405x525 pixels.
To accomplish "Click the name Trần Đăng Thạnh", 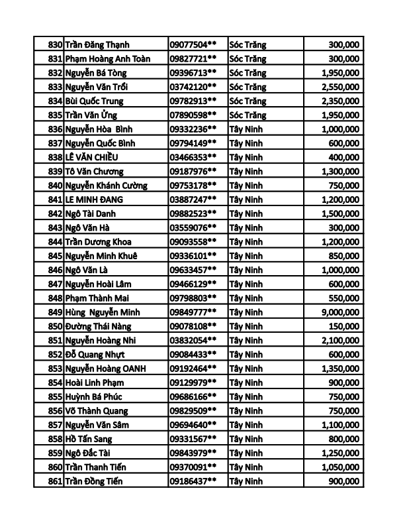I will click(x=97, y=44).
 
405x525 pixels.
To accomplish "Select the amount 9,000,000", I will click(x=339, y=312).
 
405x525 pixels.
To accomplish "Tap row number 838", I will click(x=55, y=157).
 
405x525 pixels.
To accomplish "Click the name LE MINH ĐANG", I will click(x=94, y=200).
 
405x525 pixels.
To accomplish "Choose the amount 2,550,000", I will click(x=339, y=87).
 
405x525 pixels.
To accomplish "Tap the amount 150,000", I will click(x=344, y=326).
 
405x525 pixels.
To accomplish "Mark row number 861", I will click(x=55, y=481).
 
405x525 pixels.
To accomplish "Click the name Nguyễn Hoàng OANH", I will click(x=106, y=369).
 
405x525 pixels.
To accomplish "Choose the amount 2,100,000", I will click(x=339, y=340).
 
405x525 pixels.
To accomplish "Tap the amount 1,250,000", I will click(x=339, y=453).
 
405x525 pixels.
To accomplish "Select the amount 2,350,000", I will click(x=339, y=101).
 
